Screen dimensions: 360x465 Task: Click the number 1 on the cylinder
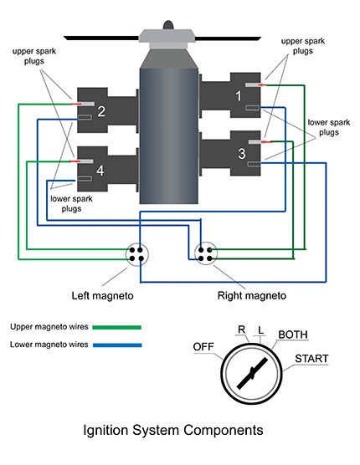coord(239,96)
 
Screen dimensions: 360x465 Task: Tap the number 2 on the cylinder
coord(101,111)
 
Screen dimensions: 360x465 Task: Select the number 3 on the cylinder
coord(242,154)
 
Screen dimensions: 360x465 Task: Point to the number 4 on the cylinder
coord(100,171)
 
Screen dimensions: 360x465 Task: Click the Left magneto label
coord(102,296)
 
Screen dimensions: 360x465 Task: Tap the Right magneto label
coord(252,296)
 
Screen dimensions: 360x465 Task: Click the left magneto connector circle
coord(136,254)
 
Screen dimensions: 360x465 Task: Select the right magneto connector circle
coord(206,254)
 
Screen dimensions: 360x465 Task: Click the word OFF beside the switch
coord(203,346)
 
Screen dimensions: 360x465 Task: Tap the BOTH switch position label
coord(293,335)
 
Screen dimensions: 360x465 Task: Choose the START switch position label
coord(311,359)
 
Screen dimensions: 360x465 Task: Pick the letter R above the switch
coord(242,330)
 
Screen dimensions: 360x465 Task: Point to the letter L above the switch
coord(260,330)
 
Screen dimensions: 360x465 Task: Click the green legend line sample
coord(117,327)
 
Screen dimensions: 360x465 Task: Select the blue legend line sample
coord(117,345)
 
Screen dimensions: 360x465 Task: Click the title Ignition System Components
coord(173,430)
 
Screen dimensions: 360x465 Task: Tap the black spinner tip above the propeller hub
coord(168,25)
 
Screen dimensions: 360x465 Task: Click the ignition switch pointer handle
coord(252,373)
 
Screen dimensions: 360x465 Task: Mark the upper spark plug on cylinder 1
coord(253,85)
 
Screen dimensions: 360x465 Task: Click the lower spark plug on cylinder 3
coord(254,163)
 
